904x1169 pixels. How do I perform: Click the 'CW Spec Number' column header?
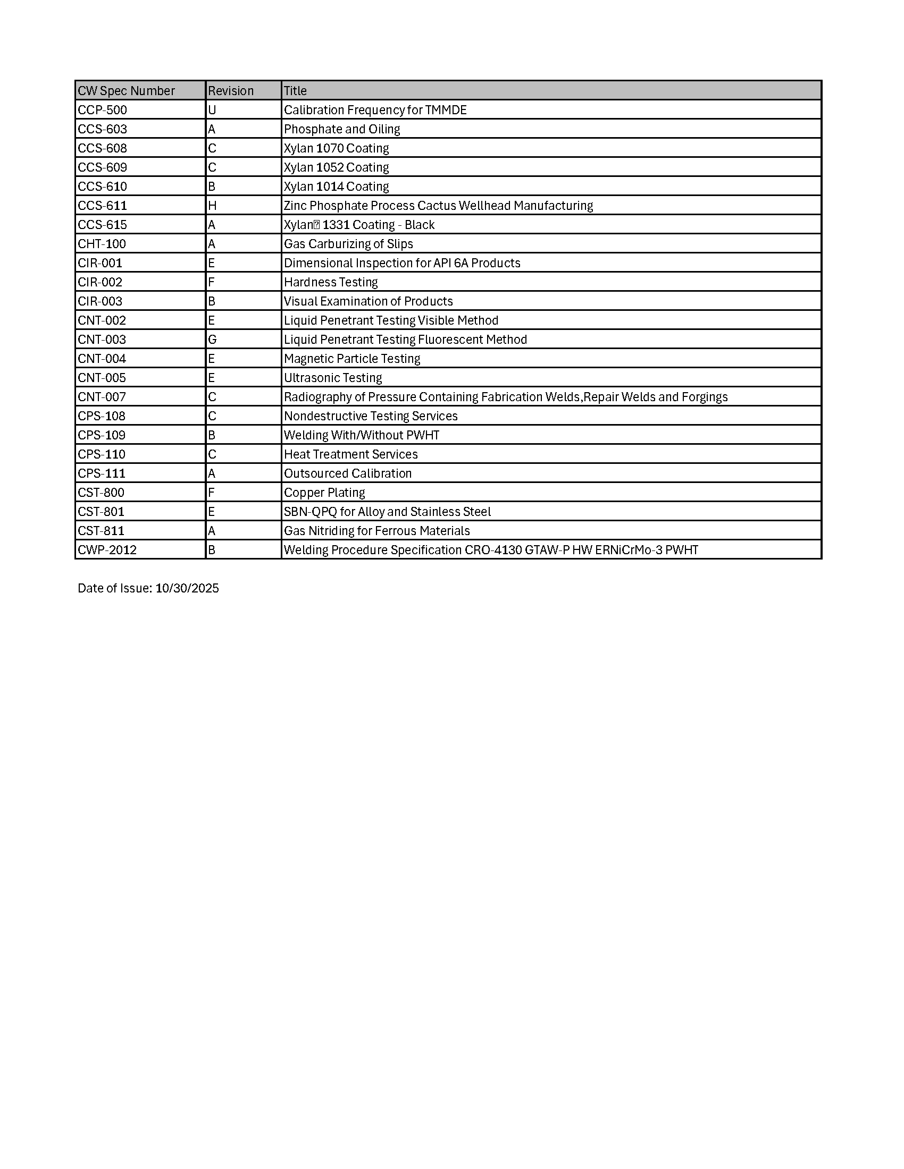tap(126, 91)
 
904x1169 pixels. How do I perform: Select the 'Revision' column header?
tap(230, 91)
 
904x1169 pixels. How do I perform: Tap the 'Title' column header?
tap(295, 91)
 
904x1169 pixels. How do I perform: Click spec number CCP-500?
tap(102, 111)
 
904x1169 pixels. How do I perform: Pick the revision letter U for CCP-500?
tap(212, 111)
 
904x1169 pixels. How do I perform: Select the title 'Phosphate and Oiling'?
tap(342, 129)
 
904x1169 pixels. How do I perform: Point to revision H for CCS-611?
tap(212, 206)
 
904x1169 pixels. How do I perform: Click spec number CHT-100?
tap(102, 244)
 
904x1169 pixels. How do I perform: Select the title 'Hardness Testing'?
tap(330, 282)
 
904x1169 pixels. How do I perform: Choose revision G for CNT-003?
tap(212, 340)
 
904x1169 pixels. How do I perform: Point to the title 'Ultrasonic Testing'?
tap(332, 378)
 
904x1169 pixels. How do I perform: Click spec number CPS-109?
tap(101, 435)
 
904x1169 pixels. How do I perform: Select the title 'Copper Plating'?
tap(324, 493)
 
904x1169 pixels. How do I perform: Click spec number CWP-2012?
tap(107, 550)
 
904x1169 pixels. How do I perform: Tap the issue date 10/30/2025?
tap(187, 588)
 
